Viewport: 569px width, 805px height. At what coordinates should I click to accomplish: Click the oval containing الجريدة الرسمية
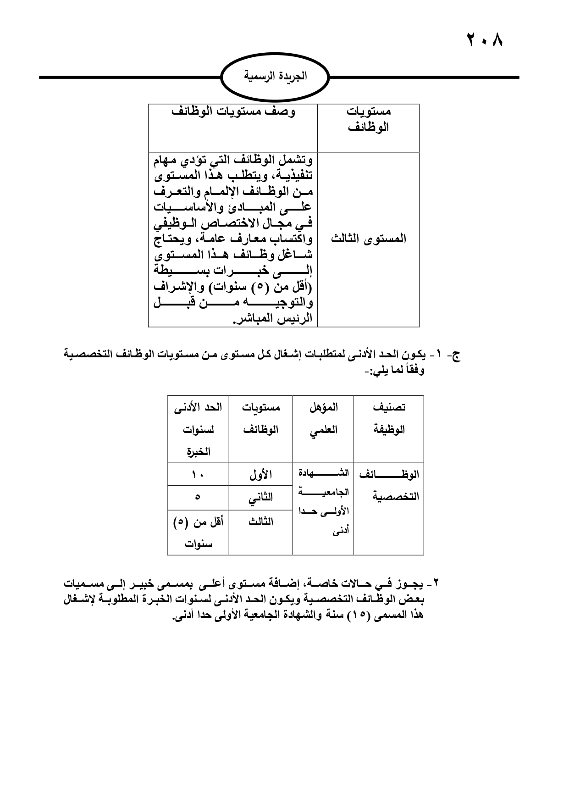[275, 77]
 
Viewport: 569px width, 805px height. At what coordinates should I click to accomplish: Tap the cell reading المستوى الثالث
[369, 239]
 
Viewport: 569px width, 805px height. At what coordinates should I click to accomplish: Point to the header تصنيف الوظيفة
[389, 418]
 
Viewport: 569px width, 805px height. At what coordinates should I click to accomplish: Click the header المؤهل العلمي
[323, 418]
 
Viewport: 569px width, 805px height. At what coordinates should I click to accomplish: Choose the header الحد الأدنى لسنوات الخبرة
[198, 429]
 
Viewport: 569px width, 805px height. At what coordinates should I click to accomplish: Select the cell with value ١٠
[198, 475]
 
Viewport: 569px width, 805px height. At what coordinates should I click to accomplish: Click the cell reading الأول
[260, 475]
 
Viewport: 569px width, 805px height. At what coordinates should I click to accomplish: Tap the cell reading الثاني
[260, 498]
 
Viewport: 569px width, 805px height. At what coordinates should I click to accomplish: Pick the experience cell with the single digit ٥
[198, 498]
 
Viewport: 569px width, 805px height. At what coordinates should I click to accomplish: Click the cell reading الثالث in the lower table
[260, 522]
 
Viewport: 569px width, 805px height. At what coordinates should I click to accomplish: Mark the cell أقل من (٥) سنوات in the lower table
[198, 533]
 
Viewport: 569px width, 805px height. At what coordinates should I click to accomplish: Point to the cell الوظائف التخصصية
[389, 486]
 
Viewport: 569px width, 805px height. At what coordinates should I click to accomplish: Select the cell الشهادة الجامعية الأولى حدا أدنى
[324, 502]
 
